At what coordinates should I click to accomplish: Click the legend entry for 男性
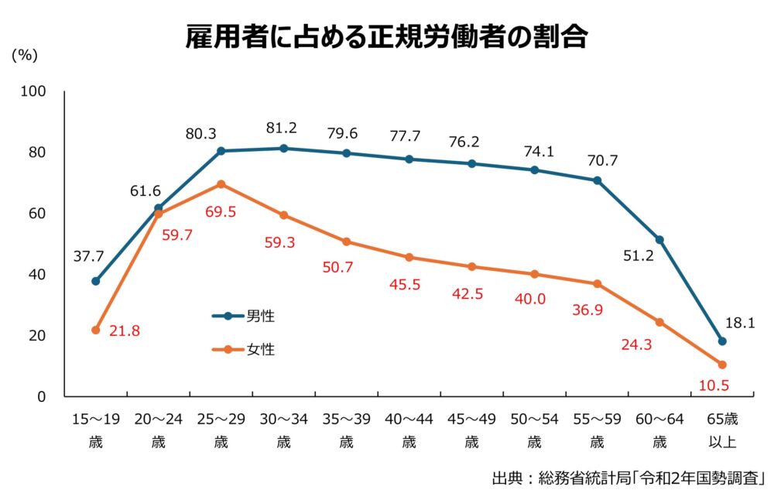(x=244, y=316)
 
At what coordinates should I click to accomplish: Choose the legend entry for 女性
(x=244, y=349)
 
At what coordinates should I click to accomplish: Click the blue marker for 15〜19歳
(x=96, y=281)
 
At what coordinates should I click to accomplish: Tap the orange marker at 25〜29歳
(x=221, y=184)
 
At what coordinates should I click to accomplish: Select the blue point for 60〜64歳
(x=659, y=240)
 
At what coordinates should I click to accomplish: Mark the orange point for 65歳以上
(x=722, y=365)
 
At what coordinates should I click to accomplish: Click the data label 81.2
(x=280, y=128)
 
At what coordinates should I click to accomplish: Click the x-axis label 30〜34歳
(x=283, y=430)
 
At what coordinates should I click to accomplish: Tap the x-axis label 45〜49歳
(x=471, y=430)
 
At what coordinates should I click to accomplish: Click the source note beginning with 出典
(x=628, y=478)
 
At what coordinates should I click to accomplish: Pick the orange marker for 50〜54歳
(x=534, y=274)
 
